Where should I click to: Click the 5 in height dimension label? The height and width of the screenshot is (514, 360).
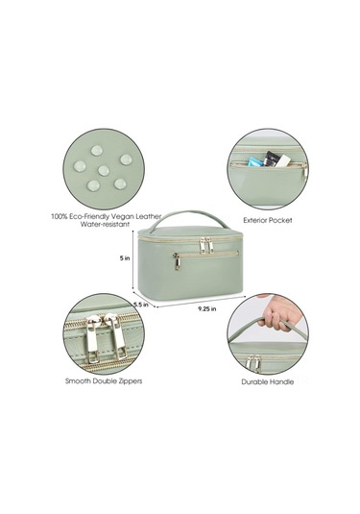tap(125, 258)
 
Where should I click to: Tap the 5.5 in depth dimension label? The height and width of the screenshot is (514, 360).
tap(141, 305)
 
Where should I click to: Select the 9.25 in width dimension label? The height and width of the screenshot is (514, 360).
tap(207, 308)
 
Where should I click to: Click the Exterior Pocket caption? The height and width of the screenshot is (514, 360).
tap(268, 220)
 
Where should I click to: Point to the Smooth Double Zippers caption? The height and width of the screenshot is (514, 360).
tap(104, 380)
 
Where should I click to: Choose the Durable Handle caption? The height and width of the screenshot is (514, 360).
tap(268, 381)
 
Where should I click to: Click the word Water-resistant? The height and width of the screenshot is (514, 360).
tap(105, 224)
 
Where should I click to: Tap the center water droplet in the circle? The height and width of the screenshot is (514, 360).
tap(104, 170)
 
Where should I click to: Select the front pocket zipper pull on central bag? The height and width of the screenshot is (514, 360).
tap(177, 261)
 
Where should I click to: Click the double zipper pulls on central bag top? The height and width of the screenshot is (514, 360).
tap(206, 245)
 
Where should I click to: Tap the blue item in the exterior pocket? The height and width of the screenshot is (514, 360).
tap(255, 161)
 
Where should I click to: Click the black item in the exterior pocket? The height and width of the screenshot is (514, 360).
tap(271, 158)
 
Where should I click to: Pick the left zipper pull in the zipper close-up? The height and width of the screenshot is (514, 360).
tap(92, 337)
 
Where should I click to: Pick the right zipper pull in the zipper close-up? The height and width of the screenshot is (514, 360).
tap(115, 336)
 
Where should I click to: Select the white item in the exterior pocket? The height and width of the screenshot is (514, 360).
tap(282, 160)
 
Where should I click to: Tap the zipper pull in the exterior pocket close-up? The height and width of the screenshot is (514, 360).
tap(304, 171)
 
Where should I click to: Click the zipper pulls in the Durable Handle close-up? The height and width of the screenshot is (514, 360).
tap(253, 362)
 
